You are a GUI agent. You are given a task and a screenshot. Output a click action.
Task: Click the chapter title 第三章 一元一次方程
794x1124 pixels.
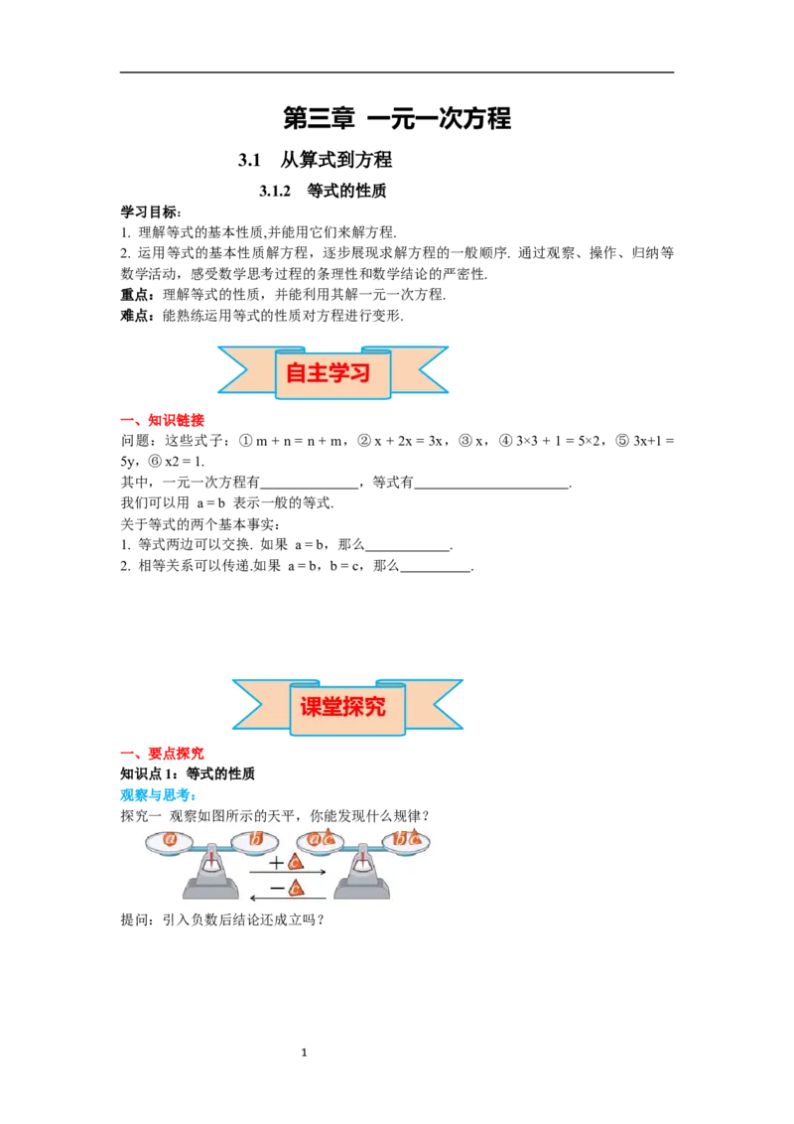397,118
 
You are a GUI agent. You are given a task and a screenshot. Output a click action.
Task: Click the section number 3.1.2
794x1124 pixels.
275,191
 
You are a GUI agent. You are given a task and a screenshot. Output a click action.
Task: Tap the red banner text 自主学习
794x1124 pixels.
329,372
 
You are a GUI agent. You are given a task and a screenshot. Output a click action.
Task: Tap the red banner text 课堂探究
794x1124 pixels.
342,707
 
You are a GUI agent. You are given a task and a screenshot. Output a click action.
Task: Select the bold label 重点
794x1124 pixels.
134,295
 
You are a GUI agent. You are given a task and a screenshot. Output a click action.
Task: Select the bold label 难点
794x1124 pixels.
134,316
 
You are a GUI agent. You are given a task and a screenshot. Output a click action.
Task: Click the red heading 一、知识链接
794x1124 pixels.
163,420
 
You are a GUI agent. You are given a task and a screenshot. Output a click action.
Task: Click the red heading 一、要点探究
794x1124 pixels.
163,754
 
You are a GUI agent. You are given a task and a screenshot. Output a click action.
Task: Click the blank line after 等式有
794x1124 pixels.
492,489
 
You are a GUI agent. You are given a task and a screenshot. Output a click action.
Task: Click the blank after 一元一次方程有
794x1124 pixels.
309,489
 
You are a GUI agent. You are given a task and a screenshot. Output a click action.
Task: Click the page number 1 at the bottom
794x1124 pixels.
304,1053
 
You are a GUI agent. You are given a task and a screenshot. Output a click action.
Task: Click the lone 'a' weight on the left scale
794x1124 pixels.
170,839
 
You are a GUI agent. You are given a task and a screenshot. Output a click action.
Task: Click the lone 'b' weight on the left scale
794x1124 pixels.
256,838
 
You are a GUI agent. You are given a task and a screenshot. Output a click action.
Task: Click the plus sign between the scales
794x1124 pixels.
277,863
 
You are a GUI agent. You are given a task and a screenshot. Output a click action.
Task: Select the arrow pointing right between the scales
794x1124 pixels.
288,873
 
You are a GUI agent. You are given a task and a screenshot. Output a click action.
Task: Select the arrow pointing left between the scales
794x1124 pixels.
288,898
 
